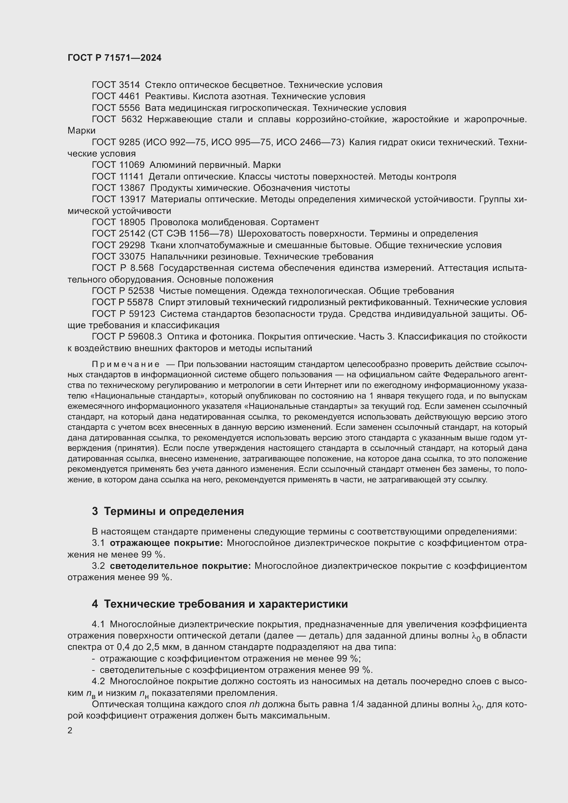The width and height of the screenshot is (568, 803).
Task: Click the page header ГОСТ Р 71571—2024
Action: (x=114, y=58)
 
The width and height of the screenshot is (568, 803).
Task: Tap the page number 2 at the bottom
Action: (x=70, y=730)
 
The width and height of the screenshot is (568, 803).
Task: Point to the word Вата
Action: (x=155, y=108)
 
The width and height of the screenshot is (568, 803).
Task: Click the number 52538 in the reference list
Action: (x=141, y=291)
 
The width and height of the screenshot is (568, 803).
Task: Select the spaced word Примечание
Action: (x=126, y=365)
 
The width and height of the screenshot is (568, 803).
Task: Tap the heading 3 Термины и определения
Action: (x=168, y=511)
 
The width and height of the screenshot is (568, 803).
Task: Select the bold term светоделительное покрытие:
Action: (x=180, y=566)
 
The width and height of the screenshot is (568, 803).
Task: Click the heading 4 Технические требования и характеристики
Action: (x=220, y=604)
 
